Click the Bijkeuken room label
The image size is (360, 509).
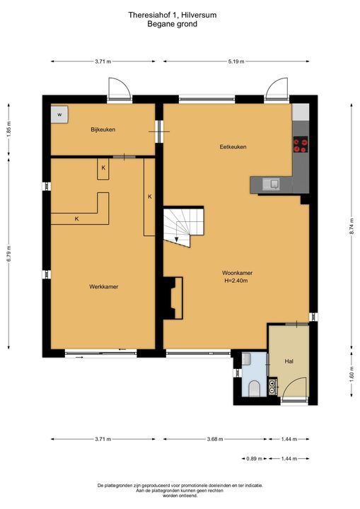point(103,129)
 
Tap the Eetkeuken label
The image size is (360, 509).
point(232,147)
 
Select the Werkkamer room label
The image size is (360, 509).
point(103,286)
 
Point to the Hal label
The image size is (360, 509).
point(289,361)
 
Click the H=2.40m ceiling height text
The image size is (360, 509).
point(236,281)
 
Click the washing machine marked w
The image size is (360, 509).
point(59,114)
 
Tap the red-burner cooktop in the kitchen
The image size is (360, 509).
point(300,145)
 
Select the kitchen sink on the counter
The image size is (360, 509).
point(272,184)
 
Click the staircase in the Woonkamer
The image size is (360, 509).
point(183,226)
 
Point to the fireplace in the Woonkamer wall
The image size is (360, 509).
point(173,297)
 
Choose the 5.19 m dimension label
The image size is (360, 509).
point(236,62)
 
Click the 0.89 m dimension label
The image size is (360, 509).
point(251,459)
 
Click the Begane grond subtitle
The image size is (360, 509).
point(172,23)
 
